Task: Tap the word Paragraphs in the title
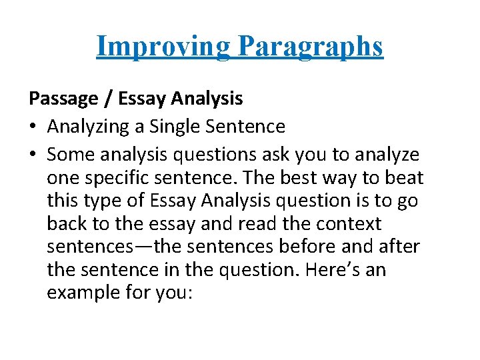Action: tap(311, 46)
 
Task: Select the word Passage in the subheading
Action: tap(63, 99)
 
